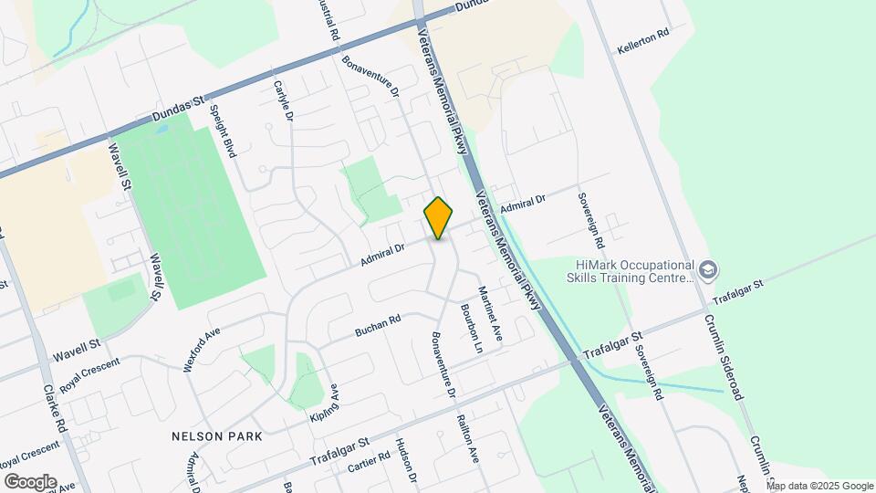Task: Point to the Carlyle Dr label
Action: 283,100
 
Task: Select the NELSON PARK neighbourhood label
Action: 217,436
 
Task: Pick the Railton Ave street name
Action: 467,439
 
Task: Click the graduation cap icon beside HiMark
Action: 708,269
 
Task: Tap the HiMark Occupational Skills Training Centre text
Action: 630,269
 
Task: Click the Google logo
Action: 29,481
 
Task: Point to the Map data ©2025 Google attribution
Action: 820,486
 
